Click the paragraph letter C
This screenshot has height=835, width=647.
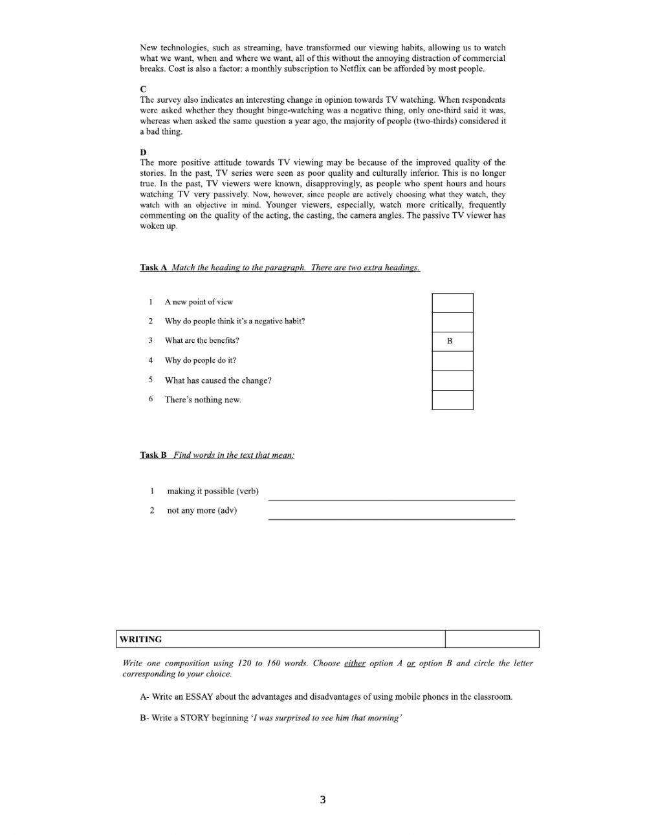[143, 89]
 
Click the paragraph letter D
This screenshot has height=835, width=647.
[143, 152]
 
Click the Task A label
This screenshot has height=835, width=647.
[154, 268]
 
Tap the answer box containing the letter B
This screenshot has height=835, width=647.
[452, 342]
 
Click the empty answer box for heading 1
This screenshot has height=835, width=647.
[452, 303]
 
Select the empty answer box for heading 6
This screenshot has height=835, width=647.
[452, 400]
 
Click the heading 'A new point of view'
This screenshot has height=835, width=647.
[199, 302]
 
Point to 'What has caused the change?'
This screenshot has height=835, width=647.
[218, 380]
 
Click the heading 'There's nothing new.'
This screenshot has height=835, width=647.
[203, 400]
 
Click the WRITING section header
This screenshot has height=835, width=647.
[141, 640]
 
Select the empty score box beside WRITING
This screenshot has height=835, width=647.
[492, 640]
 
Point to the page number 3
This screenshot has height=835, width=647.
[323, 800]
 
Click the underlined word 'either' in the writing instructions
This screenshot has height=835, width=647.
[355, 664]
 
